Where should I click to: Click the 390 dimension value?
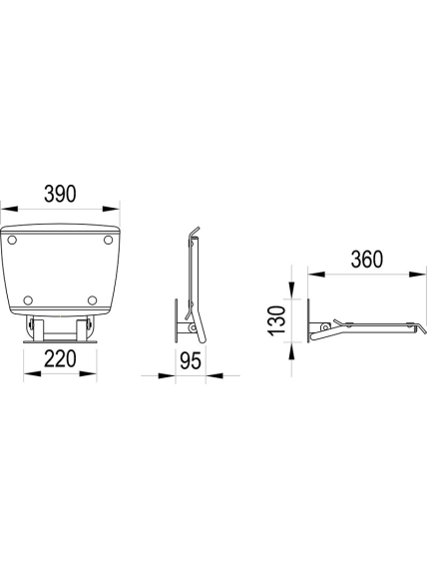coord(60,194)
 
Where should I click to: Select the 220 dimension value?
coord(60,358)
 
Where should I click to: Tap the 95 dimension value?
coord(191,361)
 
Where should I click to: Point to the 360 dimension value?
coord(367,260)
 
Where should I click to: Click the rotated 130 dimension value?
coord(276,320)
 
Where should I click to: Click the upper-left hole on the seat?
coord(12,240)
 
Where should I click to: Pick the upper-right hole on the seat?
coord(108,240)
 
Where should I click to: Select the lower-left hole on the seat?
coord(28,300)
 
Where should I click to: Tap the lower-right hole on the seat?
coord(93,300)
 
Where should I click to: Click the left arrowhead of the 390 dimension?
coord(9,209)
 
